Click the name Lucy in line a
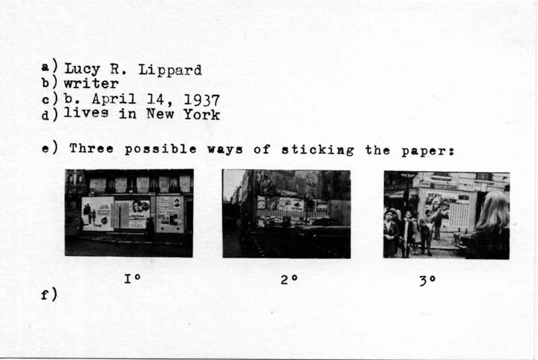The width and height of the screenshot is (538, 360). coord(81,69)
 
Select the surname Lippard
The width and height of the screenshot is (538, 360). coord(170,71)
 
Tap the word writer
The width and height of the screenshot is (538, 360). coord(91,83)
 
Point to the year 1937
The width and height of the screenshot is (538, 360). coord(202,100)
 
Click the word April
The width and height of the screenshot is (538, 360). coord(114,99)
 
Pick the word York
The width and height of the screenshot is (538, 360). coord(201,114)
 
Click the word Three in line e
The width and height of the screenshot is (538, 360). coord(91,149)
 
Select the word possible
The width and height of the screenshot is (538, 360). coord(161,149)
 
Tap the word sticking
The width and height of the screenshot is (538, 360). coord(317,150)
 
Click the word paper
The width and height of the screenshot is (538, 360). coord(428,151)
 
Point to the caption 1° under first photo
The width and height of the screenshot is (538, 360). coord(132,279)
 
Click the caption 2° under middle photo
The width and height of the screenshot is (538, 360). coord(289,280)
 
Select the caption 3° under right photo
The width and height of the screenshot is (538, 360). coord(428,281)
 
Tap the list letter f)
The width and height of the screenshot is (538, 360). coord(49,295)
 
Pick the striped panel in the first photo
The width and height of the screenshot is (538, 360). coord(121,215)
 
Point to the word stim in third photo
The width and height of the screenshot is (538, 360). coord(434,195)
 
